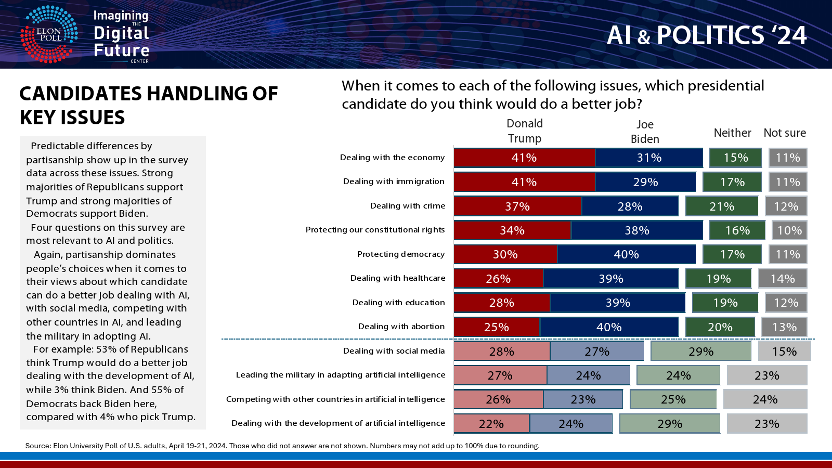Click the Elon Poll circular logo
(49, 34)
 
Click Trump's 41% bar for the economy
(524, 158)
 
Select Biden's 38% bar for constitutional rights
(637, 230)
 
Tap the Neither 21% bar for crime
(722, 206)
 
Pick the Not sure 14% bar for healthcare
(783, 279)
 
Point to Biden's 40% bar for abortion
(609, 327)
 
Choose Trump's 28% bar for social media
(502, 352)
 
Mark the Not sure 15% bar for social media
(784, 352)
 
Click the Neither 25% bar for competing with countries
(673, 399)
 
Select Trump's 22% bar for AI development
(491, 424)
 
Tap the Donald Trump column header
(525, 131)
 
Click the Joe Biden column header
(645, 132)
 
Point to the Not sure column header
(785, 133)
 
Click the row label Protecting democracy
(401, 254)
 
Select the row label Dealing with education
(399, 303)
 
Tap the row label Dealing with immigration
(394, 181)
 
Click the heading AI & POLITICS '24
(706, 36)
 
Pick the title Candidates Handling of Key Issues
(149, 106)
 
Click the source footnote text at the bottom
(282, 446)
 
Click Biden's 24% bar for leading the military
(588, 375)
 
